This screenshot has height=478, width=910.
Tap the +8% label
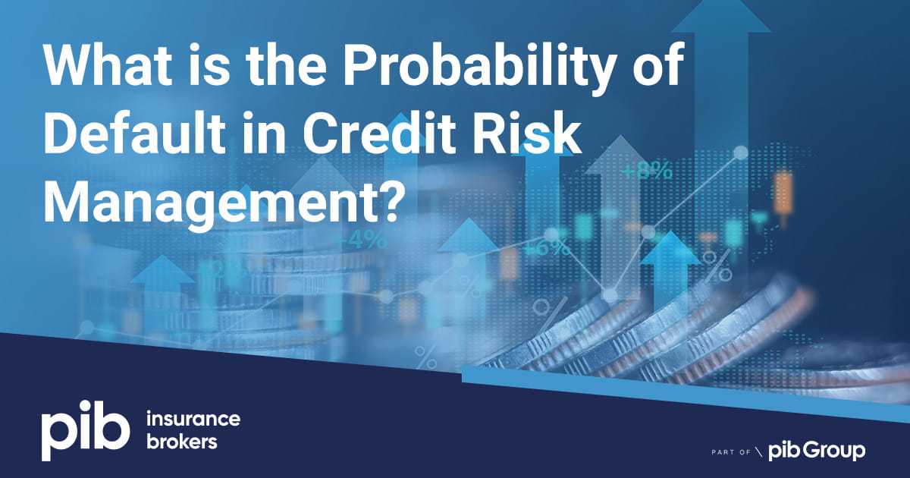point(647,171)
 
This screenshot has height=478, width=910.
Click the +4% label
point(359,241)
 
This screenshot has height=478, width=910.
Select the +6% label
point(545,248)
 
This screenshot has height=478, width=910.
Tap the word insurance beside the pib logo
point(191,420)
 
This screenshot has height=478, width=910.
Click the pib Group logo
point(817,451)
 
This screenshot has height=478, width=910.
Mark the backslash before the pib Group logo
point(758,452)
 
